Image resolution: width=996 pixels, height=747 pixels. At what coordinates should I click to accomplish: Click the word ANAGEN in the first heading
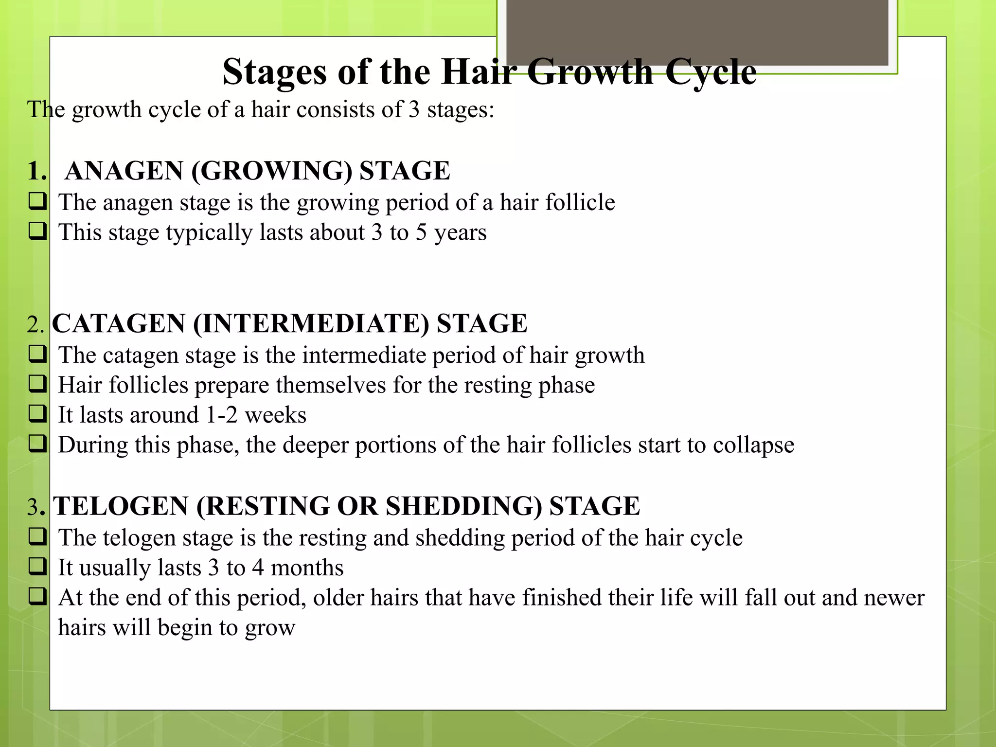124,171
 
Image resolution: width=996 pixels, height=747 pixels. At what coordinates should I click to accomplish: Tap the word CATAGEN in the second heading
119,323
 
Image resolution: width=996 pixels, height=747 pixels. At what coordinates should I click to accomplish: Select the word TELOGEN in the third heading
121,506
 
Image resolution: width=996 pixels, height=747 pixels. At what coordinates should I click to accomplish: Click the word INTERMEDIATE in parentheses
311,323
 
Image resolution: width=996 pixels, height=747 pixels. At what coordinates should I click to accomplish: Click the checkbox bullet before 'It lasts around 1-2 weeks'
37,414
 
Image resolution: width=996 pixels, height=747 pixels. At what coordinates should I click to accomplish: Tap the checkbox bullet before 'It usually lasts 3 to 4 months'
37,567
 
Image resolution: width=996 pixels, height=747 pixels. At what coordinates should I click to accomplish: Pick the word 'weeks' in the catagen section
275,415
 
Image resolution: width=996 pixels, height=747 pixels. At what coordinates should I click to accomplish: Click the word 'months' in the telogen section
307,568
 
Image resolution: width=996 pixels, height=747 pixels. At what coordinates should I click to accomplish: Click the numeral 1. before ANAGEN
37,171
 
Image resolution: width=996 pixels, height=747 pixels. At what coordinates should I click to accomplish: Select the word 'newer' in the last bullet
894,598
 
